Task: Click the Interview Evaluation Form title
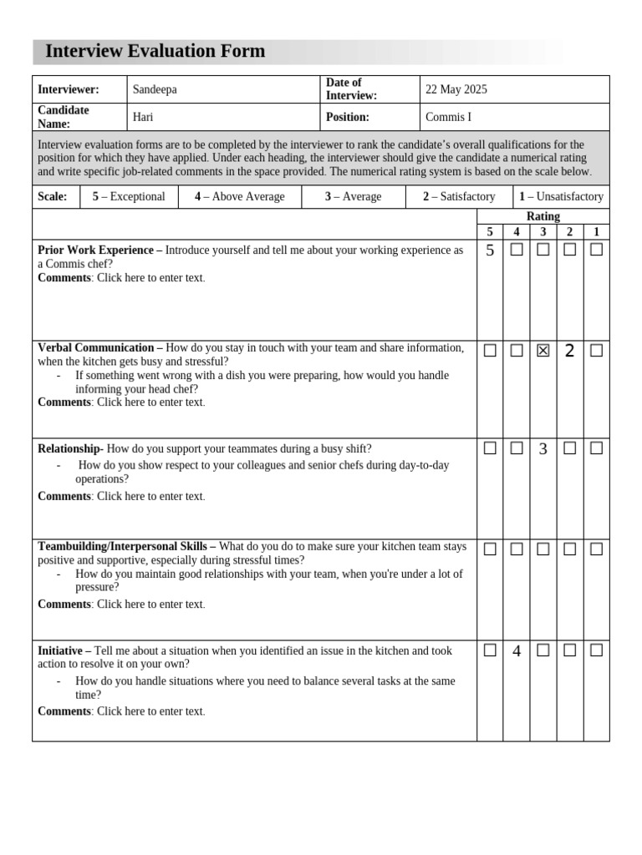tap(155, 52)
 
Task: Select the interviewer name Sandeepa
tap(155, 89)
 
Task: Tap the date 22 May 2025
tap(456, 89)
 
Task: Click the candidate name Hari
tap(143, 117)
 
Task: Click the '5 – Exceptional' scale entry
tap(129, 196)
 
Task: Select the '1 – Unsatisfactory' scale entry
tap(561, 196)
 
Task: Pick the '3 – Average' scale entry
tap(353, 196)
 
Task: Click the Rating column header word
tap(543, 216)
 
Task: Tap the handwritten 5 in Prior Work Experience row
tap(490, 250)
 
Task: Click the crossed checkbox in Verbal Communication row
tap(543, 351)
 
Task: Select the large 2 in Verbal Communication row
tap(569, 351)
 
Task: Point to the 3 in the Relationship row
tap(543, 449)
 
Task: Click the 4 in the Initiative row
tap(517, 651)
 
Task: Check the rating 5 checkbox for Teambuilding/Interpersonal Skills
tap(490, 549)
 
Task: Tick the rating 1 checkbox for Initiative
tap(596, 650)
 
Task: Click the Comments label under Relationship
tap(64, 496)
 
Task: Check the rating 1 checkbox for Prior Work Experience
tap(596, 250)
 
